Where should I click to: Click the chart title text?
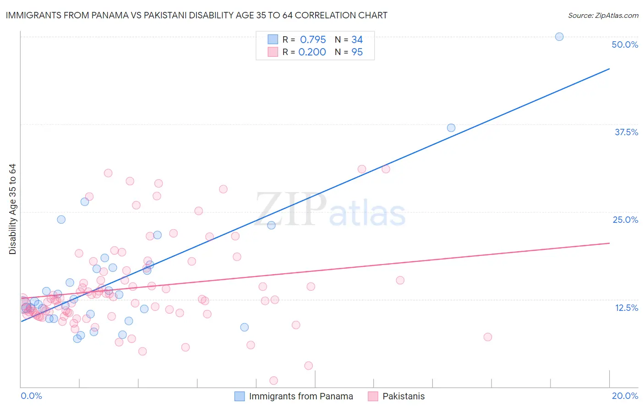(196, 15)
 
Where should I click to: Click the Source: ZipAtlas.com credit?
(603, 15)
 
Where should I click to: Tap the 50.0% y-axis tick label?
(625, 44)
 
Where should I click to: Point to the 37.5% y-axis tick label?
(626, 132)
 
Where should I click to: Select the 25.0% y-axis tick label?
(625, 220)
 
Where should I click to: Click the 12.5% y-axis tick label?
(626, 308)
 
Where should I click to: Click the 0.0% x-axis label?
(31, 396)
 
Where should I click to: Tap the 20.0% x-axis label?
(625, 396)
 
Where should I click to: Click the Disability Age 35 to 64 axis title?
(12, 209)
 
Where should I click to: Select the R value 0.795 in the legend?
(313, 39)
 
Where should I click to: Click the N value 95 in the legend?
(357, 52)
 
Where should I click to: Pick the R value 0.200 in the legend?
(312, 52)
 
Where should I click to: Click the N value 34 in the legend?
(357, 39)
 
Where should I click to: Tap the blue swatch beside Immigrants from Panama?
(240, 396)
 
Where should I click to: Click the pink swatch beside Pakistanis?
(373, 396)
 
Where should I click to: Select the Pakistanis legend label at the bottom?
(404, 396)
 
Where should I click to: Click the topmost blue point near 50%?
(559, 37)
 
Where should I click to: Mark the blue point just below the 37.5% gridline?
(451, 128)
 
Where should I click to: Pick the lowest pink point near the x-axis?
(273, 381)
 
